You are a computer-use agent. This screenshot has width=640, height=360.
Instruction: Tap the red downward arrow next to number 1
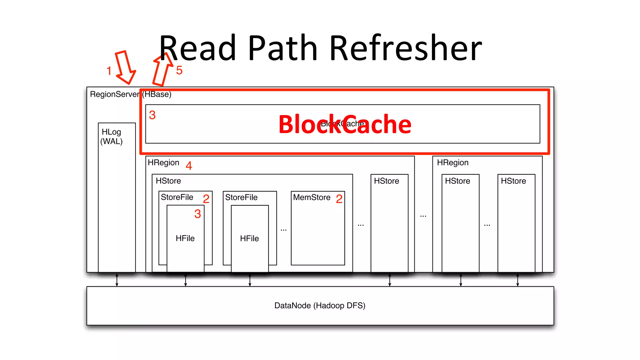[x=125, y=67]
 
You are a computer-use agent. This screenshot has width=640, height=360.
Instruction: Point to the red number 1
[x=109, y=71]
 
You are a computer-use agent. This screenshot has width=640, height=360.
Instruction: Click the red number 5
[x=179, y=70]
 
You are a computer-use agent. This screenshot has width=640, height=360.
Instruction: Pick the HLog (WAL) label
[x=112, y=137]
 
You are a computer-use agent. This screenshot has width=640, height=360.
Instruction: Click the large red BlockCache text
[x=345, y=124]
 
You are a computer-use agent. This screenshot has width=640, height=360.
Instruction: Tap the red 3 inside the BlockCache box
[x=152, y=115]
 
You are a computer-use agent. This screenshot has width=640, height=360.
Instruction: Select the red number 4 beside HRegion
[x=189, y=166]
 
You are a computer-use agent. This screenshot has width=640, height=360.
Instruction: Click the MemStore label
[x=312, y=197]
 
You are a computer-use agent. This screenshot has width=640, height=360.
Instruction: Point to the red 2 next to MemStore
[x=339, y=199]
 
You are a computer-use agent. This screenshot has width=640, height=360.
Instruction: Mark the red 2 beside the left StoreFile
[x=206, y=199]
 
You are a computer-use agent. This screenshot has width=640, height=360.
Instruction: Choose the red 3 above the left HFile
[x=197, y=214]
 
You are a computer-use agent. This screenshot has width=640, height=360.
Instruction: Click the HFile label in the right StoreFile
[x=249, y=239]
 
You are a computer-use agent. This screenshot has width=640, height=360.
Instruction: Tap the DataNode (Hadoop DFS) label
[x=320, y=306]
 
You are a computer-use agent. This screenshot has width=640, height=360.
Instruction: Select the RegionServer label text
[x=114, y=94]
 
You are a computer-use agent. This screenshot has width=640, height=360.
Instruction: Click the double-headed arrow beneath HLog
[x=117, y=280]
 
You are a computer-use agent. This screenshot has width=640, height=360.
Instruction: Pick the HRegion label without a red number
[x=452, y=163]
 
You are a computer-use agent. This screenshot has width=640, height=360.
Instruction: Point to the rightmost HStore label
[x=513, y=181]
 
